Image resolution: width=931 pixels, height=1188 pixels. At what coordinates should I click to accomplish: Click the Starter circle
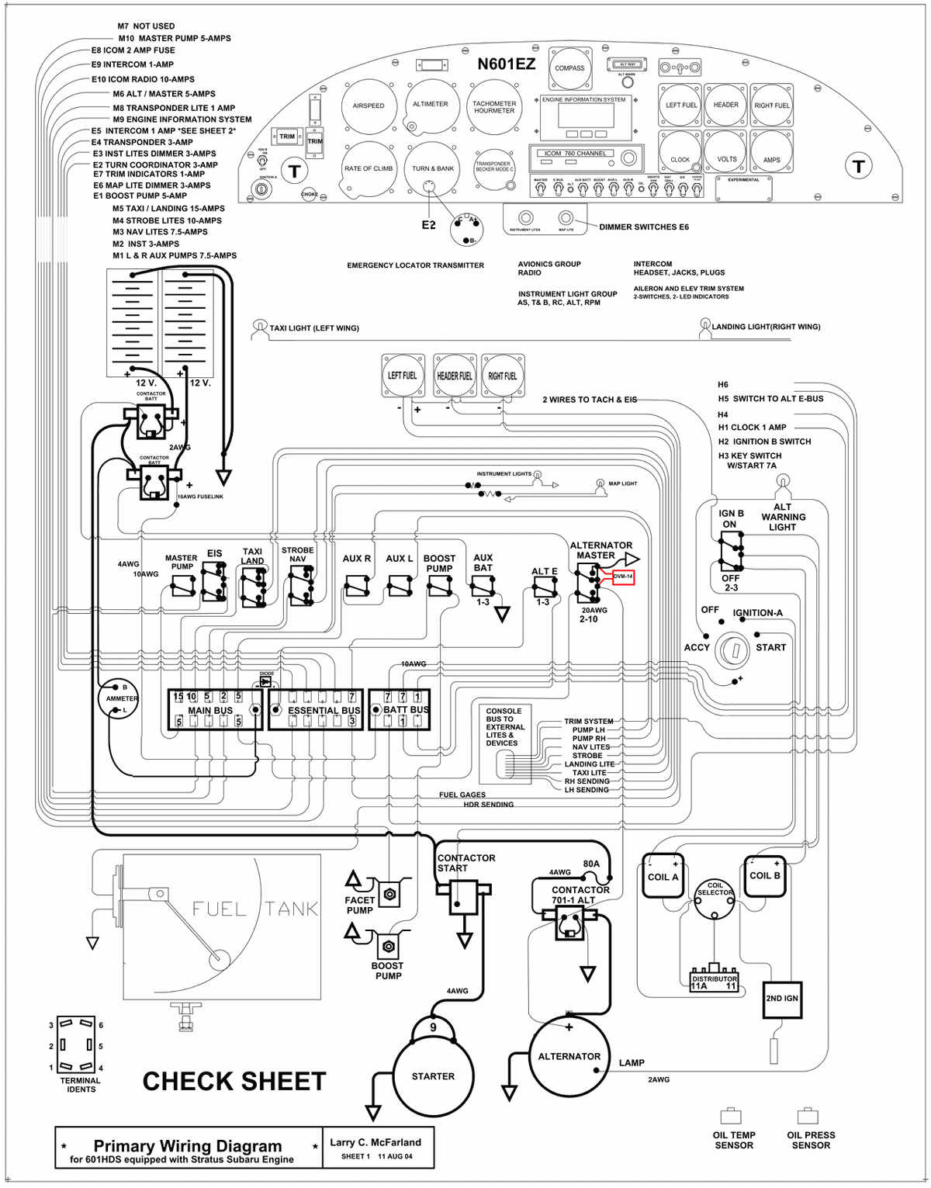[x=433, y=1075]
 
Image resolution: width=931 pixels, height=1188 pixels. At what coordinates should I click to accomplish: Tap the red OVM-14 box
[x=623, y=577]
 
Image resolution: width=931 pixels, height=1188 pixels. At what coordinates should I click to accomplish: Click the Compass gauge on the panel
[x=569, y=68]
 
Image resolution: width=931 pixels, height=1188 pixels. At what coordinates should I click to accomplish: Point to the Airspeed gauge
[x=369, y=106]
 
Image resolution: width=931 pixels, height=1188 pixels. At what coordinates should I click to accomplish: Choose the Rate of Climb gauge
[x=369, y=168]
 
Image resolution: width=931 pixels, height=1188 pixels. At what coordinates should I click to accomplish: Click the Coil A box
[x=663, y=876]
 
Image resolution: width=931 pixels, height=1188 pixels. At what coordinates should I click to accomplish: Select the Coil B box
[x=765, y=875]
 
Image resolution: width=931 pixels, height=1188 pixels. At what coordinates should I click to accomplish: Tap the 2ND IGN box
[x=782, y=998]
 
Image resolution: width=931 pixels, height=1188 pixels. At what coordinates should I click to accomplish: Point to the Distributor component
[x=715, y=980]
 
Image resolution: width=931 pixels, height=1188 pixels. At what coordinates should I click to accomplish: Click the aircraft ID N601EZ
[x=506, y=64]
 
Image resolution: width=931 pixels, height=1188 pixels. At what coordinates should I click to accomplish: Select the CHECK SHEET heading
[x=234, y=1081]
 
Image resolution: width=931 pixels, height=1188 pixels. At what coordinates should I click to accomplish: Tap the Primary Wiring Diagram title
[x=188, y=1145]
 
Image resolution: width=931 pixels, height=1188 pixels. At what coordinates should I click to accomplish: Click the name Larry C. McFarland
[x=376, y=1141]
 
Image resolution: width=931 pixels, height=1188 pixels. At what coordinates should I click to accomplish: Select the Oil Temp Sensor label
[x=734, y=1140]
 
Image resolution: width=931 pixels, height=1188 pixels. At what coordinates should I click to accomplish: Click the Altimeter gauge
[x=431, y=104]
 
